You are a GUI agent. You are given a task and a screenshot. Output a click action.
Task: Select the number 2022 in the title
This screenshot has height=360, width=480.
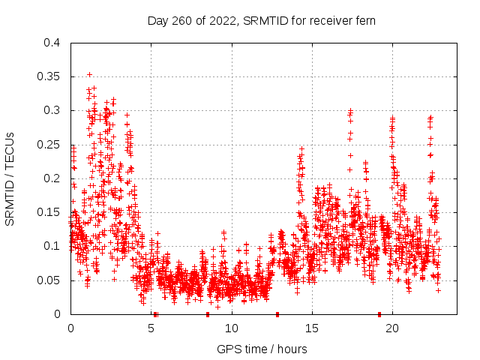[x=221, y=20]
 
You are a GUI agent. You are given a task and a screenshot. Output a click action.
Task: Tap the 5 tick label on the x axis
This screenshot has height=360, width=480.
[x=151, y=328]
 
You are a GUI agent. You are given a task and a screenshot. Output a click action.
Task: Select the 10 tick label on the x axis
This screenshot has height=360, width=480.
[x=232, y=328]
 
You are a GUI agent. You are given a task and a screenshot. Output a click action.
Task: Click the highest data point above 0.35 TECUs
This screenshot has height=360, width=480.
[x=89, y=74]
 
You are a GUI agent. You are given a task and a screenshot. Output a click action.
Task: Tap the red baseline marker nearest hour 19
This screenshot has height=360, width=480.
[x=379, y=314]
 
